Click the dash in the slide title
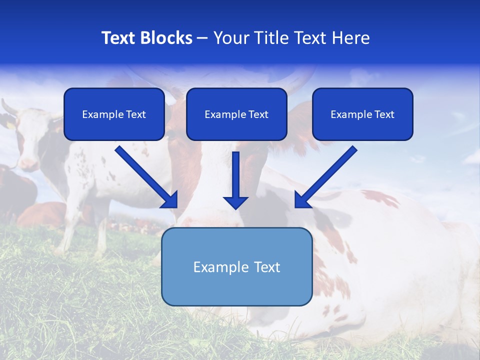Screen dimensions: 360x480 [x=202, y=38]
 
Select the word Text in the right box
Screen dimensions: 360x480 [x=384, y=114]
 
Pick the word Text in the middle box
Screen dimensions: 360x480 [x=258, y=114]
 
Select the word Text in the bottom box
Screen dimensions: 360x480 [x=266, y=267]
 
